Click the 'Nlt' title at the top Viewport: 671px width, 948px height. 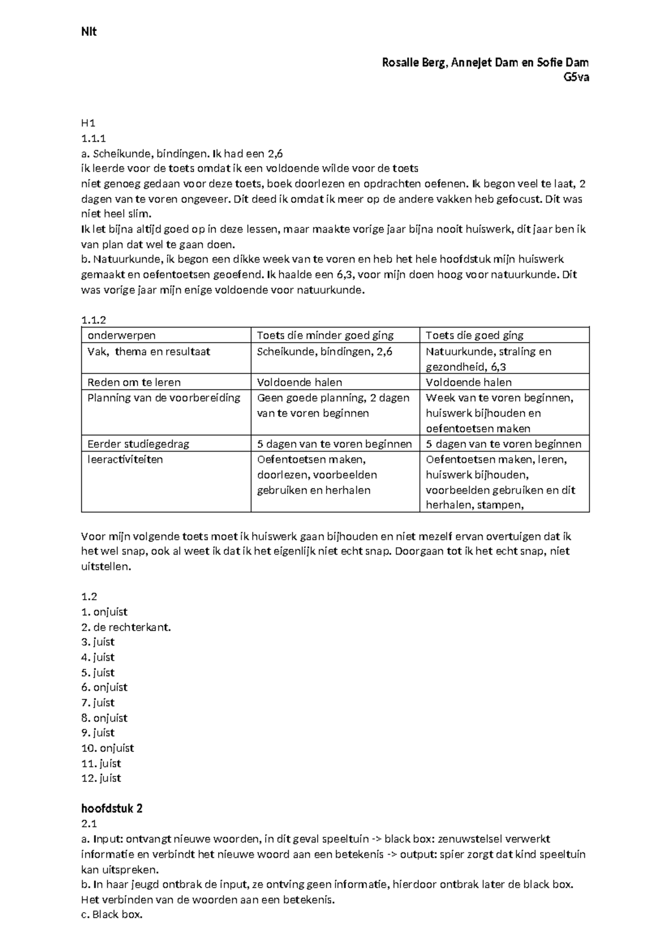88,32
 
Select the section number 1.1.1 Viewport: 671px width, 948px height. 93,138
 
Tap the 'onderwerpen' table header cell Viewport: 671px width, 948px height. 121,335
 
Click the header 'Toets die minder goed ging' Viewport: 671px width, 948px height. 325,335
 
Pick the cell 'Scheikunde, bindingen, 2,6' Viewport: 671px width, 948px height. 324,352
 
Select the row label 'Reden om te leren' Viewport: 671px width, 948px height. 134,382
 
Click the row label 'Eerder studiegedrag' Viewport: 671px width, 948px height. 138,444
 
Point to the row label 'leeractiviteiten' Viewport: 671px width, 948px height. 125,459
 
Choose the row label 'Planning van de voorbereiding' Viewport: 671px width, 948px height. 163,398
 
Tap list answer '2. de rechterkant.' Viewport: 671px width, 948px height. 126,627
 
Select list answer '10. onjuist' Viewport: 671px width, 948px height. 107,748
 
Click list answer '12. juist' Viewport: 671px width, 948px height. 101,778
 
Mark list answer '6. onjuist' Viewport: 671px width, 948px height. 105,688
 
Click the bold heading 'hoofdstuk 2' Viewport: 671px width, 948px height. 112,808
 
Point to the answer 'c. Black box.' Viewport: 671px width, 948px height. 112,915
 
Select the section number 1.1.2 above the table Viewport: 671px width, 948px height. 93,320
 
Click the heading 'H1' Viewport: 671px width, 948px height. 88,123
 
